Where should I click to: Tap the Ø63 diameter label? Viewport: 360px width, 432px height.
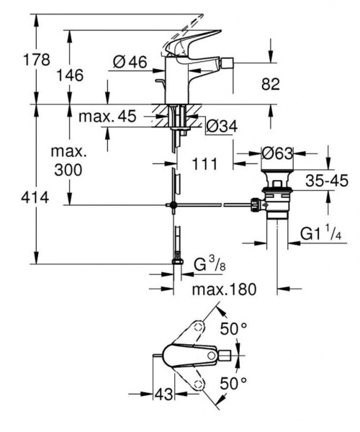click(x=275, y=153)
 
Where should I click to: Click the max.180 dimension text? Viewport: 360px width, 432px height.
click(x=224, y=289)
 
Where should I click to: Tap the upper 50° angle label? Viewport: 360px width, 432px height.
click(x=234, y=328)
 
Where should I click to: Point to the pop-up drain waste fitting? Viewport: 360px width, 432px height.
click(x=276, y=198)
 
